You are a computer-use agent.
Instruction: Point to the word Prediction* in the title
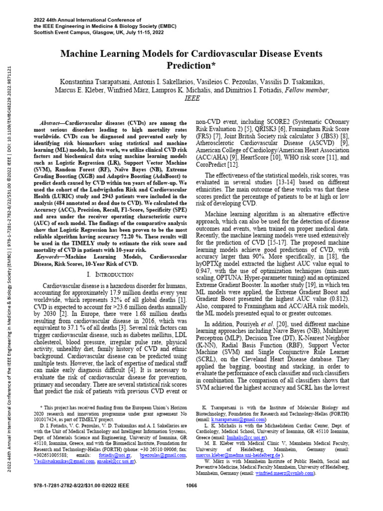click(x=191, y=65)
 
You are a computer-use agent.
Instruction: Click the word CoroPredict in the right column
click(x=211, y=164)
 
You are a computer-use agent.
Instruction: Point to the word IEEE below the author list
click(x=191, y=99)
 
